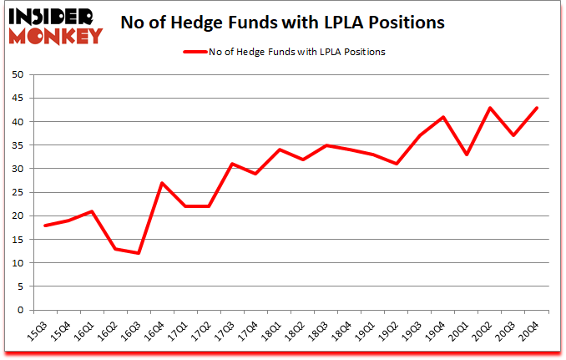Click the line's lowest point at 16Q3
(139, 253)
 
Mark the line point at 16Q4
(162, 183)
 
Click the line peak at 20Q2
(490, 108)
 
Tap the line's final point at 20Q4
(537, 108)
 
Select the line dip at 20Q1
(467, 155)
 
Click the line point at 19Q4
(443, 117)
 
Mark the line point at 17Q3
(232, 164)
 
